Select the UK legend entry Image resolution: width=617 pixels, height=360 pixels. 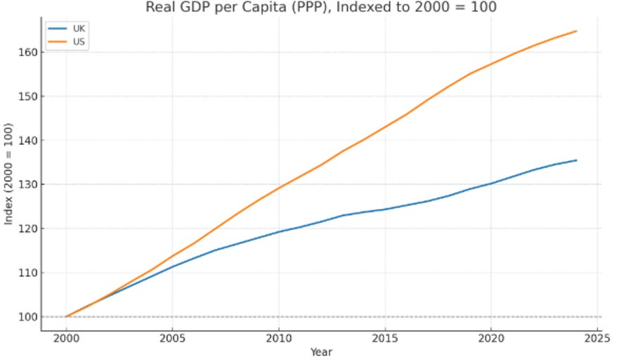(79, 28)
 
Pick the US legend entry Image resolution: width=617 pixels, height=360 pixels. (79, 41)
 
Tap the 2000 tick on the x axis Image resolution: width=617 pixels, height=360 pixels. (66, 338)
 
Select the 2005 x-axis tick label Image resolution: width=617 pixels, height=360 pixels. (172, 338)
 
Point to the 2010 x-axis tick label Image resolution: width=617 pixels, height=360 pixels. (278, 338)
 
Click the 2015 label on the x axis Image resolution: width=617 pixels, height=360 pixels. (384, 338)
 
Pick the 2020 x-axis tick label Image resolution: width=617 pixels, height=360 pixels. (491, 338)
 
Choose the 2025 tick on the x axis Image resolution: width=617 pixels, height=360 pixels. (597, 338)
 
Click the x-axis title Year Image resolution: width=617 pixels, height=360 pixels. (321, 352)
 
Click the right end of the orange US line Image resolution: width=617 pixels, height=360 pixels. (576, 31)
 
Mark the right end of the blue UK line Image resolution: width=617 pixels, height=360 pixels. (576, 160)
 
